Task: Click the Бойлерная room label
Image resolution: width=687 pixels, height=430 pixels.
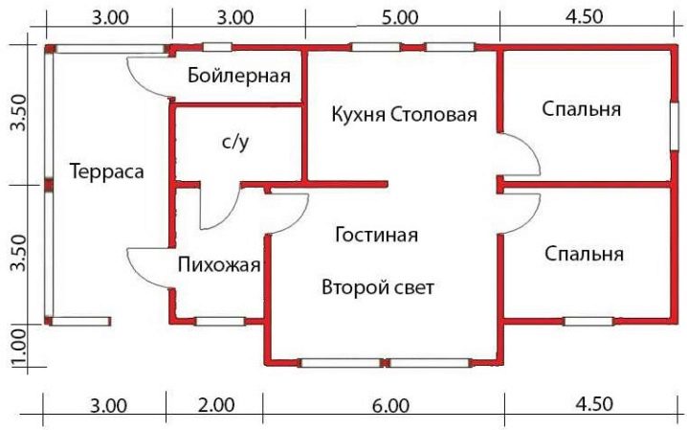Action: [239, 76]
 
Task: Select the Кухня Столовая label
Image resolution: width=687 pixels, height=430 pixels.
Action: [403, 116]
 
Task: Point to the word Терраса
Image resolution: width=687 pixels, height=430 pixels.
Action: [106, 172]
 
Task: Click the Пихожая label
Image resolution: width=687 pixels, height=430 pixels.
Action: [219, 265]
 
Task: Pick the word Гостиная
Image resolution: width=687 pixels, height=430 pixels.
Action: [377, 234]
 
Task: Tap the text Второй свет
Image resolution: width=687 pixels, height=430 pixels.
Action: [378, 287]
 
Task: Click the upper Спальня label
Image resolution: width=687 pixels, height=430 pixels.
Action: [581, 109]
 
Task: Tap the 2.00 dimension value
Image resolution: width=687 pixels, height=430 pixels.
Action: [217, 405]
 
